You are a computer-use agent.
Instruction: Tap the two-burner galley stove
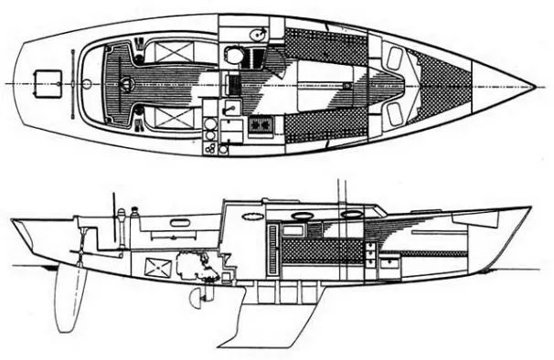point(261,124)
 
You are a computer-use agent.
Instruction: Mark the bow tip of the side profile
point(529,208)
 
